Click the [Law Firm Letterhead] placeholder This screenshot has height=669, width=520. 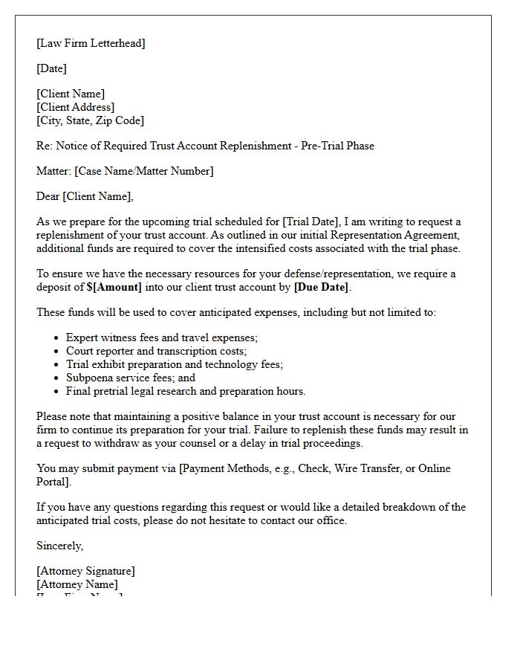coord(91,43)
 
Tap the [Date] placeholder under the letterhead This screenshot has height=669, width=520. coord(51,68)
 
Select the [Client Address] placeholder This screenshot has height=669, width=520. coord(75,107)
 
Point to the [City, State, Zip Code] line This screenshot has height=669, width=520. coord(90,120)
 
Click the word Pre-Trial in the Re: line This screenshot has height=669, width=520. coord(322,146)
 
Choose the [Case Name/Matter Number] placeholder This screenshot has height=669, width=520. coord(143,171)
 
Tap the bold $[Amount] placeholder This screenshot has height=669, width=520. coord(114,287)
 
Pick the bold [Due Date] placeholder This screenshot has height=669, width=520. coord(321,287)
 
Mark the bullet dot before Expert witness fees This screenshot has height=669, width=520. coord(56,338)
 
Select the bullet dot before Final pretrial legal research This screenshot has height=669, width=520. coord(56,392)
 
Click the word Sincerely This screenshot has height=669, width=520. coord(60,546)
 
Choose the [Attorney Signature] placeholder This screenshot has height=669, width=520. coord(85,571)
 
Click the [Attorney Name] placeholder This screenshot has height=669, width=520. coord(77,584)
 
